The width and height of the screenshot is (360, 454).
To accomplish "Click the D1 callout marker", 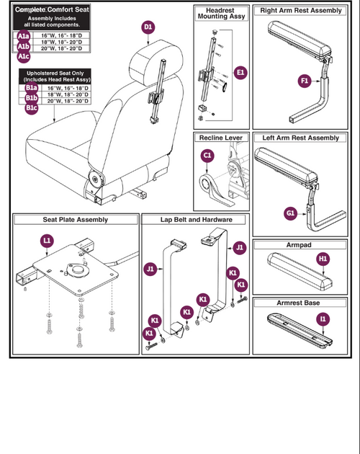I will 148,27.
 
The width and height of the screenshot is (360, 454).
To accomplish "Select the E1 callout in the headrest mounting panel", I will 240,72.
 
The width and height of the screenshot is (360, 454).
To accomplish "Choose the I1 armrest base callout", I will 323,318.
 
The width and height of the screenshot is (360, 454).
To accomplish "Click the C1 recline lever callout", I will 207,154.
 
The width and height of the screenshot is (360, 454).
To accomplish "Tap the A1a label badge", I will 24,36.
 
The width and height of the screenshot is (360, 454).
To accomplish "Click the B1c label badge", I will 31,108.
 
